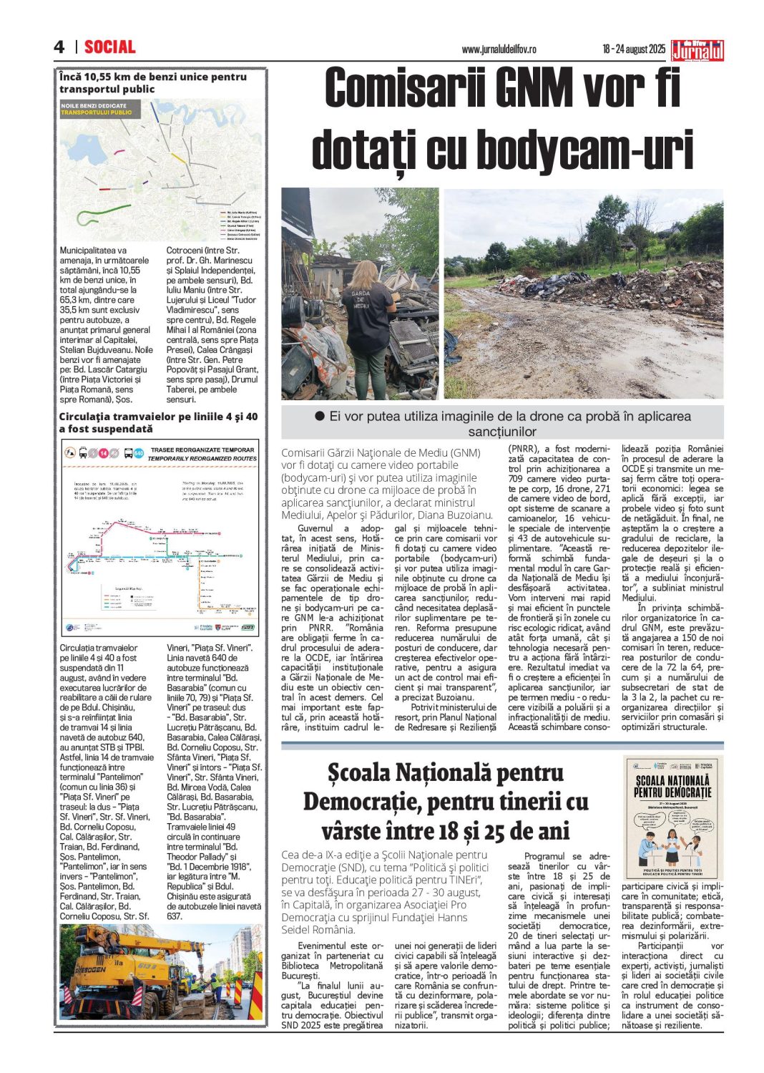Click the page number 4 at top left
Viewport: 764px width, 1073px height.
(59, 47)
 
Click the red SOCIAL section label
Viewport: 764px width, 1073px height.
(109, 47)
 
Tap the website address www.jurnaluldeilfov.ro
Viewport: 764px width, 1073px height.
(499, 49)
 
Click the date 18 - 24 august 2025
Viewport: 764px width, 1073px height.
(633, 49)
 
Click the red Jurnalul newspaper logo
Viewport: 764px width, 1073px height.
(697, 50)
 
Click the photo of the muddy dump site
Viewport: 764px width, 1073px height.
(583, 293)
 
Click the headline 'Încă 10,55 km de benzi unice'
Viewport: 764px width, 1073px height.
(152, 82)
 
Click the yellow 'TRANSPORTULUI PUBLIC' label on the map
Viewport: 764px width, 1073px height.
(96, 112)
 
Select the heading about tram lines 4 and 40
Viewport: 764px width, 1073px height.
(158, 422)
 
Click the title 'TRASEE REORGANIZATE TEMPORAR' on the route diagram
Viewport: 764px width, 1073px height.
(202, 450)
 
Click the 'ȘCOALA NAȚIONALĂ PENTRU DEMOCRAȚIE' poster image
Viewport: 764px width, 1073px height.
(672, 817)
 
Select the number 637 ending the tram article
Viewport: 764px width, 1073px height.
(175, 916)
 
